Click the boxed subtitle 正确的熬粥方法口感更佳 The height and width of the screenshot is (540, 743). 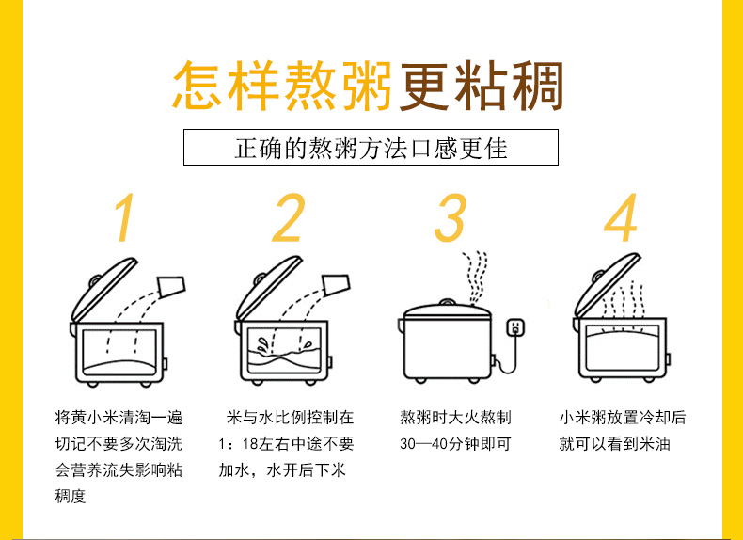pyautogui.click(x=371, y=149)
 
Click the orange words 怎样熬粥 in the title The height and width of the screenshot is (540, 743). pyautogui.click(x=282, y=87)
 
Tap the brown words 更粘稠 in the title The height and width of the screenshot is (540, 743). pyautogui.click(x=482, y=87)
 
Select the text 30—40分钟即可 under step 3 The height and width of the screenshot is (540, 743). pyautogui.click(x=455, y=444)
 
